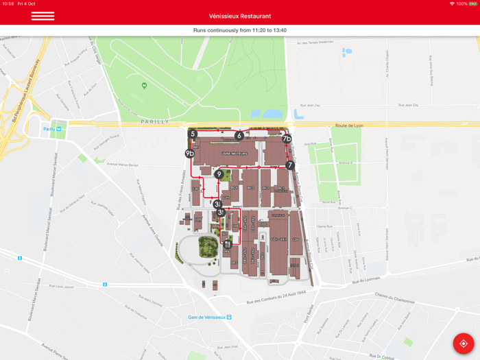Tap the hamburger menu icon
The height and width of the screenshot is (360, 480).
coord(43,16)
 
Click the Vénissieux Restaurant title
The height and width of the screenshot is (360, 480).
coord(240,16)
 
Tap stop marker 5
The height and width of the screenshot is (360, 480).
coord(193,134)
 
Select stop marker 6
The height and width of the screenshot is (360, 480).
coord(239,136)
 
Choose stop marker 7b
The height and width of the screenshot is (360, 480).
coord(287,139)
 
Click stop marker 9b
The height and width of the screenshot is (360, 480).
coord(189,154)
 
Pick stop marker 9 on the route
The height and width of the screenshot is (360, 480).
coord(219,174)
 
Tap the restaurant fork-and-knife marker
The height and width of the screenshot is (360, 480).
coord(227,243)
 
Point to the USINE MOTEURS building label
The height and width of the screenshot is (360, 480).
coord(235,154)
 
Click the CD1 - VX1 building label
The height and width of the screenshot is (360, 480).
coord(278,239)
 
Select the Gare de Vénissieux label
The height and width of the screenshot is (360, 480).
coord(210,317)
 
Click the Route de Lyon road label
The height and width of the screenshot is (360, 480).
coord(349,125)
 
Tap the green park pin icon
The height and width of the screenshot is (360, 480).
coord(144,86)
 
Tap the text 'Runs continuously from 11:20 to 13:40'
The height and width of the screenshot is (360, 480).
coord(240,30)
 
